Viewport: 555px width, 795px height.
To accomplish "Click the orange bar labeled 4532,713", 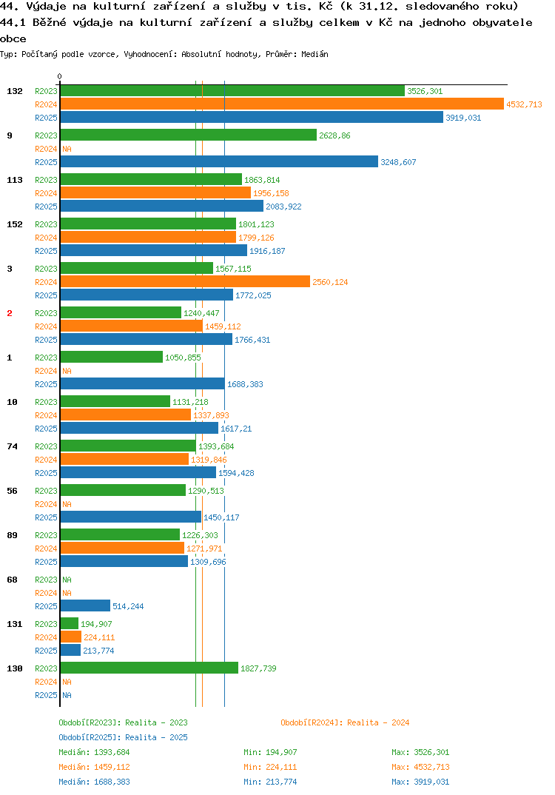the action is [282, 104].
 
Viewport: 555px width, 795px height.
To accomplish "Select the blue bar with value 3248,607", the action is [219, 161].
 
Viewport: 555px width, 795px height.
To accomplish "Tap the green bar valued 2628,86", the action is [189, 135].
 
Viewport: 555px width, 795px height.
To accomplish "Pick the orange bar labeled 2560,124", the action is [185, 282].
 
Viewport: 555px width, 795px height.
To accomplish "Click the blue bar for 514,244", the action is [85, 606].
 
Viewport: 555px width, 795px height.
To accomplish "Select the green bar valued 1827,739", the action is [149, 668].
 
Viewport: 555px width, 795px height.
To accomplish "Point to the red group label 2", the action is [10, 313].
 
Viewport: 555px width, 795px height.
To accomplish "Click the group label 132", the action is [15, 91].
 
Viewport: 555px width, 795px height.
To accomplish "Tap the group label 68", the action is [12, 580].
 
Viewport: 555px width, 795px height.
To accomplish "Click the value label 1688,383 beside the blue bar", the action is [246, 384].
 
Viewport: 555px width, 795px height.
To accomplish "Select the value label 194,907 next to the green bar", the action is [96, 624].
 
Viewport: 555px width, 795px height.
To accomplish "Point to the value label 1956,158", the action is [271, 193].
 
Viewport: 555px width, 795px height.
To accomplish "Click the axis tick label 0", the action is [59, 76].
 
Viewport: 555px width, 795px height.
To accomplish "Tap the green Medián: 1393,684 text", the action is [94, 752].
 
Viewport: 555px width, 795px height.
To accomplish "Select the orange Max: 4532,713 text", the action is [420, 767].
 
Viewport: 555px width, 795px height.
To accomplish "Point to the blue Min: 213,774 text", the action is [270, 782].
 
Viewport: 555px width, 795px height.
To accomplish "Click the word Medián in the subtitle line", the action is [314, 54].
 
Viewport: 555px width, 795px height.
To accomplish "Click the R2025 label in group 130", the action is [46, 695].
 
